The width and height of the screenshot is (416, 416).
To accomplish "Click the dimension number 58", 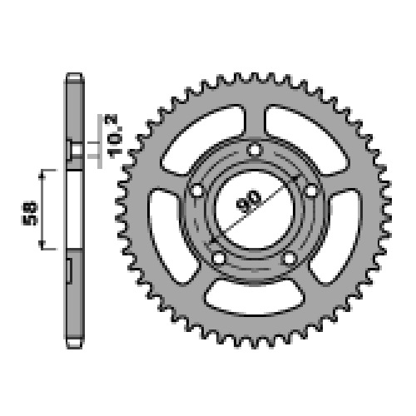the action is (30, 214).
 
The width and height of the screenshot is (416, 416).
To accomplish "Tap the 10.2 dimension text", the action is (113, 136).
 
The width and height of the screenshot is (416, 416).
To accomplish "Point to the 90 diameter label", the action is (249, 201).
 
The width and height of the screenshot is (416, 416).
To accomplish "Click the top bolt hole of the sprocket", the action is (255, 150).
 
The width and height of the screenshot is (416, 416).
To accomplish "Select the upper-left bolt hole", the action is (197, 191).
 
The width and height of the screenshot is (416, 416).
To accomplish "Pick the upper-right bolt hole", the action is (312, 191).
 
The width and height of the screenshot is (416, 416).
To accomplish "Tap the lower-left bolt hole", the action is (219, 259).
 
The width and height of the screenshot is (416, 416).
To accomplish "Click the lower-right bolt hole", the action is (290, 259).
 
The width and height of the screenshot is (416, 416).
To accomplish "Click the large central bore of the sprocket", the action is (254, 209).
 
